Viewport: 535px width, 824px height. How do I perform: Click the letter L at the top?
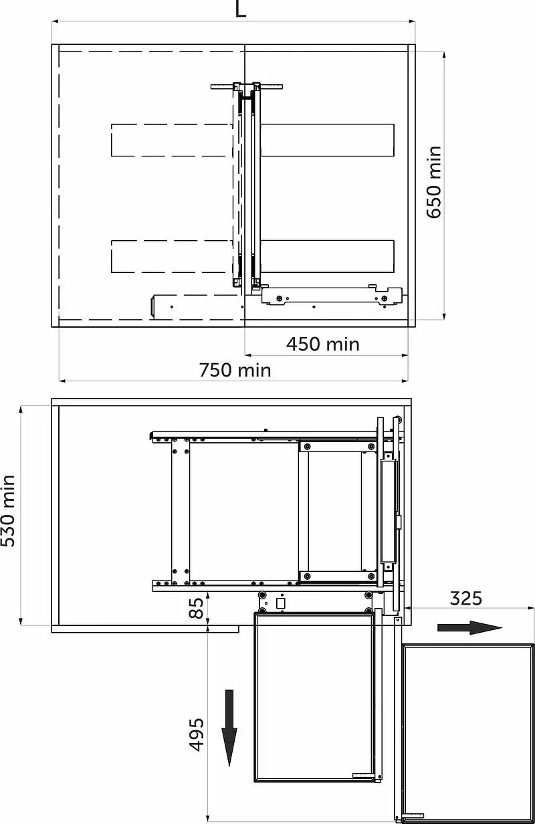click(241, 9)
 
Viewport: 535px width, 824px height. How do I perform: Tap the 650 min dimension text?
click(434, 182)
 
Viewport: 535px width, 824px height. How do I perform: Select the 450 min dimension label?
click(323, 344)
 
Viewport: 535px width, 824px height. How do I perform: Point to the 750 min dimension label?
click(235, 370)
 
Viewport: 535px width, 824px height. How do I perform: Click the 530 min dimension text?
click(8, 510)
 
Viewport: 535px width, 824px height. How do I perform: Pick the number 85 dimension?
click(196, 608)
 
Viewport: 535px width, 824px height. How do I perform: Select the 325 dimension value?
click(466, 599)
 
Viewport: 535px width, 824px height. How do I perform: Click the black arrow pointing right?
click(469, 627)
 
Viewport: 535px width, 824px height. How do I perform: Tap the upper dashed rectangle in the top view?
click(172, 140)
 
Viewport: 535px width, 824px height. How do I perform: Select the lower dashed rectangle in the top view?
click(172, 256)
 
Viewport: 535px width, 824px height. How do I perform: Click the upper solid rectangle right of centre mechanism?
click(327, 140)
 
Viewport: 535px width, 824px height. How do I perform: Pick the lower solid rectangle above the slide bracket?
click(327, 256)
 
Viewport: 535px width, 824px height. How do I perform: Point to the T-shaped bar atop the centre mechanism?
click(247, 87)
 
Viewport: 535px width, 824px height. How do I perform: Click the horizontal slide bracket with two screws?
click(332, 296)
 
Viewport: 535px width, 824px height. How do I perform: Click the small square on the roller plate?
click(280, 603)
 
